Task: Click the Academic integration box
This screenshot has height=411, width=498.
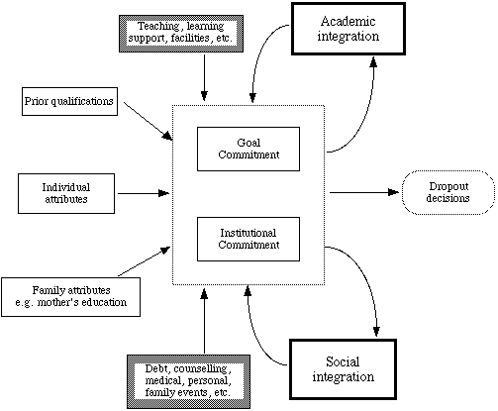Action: pyautogui.click(x=349, y=29)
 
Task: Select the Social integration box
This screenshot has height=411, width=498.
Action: pyautogui.click(x=343, y=369)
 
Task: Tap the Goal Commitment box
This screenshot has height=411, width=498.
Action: pyautogui.click(x=249, y=149)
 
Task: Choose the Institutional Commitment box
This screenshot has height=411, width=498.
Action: pyautogui.click(x=249, y=239)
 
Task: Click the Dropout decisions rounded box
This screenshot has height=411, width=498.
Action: pyautogui.click(x=448, y=192)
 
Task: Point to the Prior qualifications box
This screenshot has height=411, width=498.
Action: pyautogui.click(x=69, y=101)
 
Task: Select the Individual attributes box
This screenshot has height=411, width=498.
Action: pyautogui.click(x=66, y=193)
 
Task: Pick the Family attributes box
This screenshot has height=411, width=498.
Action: pyautogui.click(x=70, y=297)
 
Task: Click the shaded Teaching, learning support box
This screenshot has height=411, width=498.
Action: pyautogui.click(x=181, y=34)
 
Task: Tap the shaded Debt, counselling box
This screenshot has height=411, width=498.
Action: pyautogui.click(x=188, y=381)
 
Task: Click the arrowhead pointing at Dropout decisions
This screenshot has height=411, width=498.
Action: pyautogui.click(x=394, y=192)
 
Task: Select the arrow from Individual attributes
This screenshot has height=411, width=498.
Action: pyautogui.click(x=144, y=193)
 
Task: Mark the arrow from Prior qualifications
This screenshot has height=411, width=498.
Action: pyautogui.click(x=149, y=121)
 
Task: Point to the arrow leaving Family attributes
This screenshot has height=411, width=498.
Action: pyautogui.click(x=145, y=261)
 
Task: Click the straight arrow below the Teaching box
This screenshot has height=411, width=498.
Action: pyautogui.click(x=204, y=77)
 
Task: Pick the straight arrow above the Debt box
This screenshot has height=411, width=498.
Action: pyautogui.click(x=204, y=321)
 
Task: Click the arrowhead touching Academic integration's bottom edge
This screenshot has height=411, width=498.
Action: pyautogui.click(x=373, y=61)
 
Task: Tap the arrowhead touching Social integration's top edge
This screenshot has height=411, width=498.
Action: pyautogui.click(x=376, y=332)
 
